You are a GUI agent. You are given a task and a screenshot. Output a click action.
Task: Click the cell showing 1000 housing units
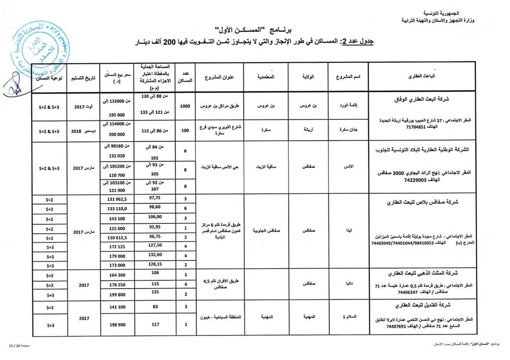click(x=186, y=106)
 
